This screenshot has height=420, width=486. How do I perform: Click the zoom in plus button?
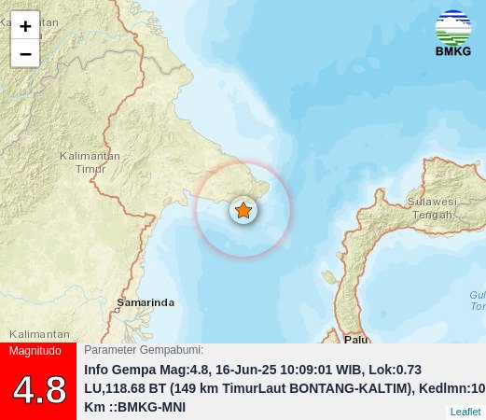click(25, 26)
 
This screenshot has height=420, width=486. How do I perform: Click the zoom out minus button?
click(25, 54)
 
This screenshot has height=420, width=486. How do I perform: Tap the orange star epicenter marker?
click(243, 211)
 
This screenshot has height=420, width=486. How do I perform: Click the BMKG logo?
click(453, 33)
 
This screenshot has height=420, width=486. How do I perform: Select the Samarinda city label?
click(146, 302)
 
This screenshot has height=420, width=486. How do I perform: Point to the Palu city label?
click(355, 339)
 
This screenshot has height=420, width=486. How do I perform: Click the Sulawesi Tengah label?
click(431, 207)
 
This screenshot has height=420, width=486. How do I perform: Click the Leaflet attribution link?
click(465, 412)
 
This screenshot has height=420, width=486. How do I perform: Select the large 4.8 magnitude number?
click(39, 389)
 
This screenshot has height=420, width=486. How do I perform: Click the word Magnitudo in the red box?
click(35, 351)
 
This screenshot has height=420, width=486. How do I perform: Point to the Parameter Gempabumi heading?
click(144, 350)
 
